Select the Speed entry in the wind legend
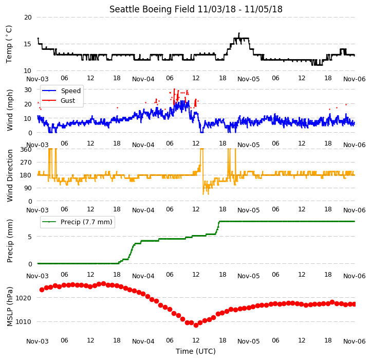71,91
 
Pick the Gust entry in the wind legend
68,100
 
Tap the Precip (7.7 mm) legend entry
86,222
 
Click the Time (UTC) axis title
196,351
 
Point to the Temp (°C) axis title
9,44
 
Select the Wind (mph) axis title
10,110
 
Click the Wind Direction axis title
10,175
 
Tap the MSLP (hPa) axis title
10,307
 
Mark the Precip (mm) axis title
10,241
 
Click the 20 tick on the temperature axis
28,17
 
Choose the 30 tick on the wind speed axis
28,90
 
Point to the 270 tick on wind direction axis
26,163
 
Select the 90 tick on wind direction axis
28,188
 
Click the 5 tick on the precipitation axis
30,237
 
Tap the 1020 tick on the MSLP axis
24,298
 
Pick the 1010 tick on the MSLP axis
24,321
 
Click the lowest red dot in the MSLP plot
196,325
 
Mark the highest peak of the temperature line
239,33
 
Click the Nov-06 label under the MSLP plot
354,341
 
